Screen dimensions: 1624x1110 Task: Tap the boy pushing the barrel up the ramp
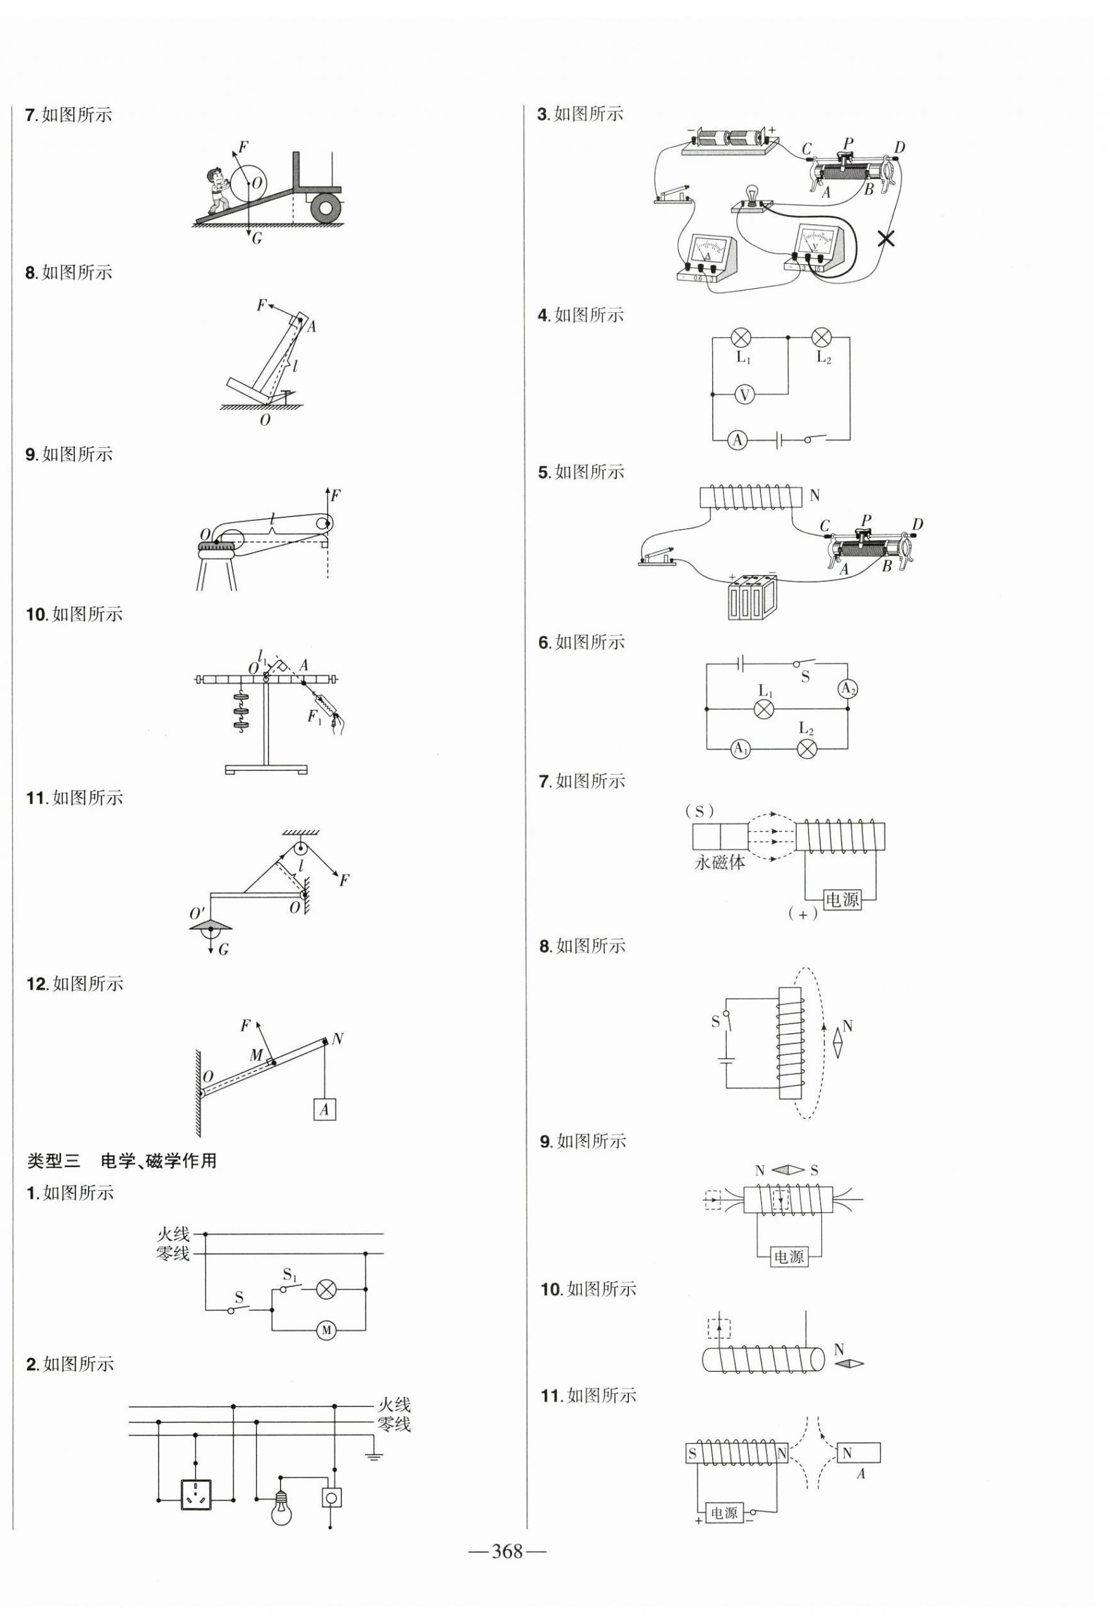pyautogui.click(x=219, y=191)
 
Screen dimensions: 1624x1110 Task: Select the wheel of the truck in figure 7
pyautogui.click(x=326, y=208)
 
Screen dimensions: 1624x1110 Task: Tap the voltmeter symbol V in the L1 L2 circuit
pyautogui.click(x=744, y=395)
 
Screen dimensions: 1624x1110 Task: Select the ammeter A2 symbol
pyautogui.click(x=847, y=690)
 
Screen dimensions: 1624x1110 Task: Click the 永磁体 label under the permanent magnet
pyautogui.click(x=720, y=862)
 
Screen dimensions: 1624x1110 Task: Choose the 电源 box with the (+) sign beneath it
pyautogui.click(x=842, y=899)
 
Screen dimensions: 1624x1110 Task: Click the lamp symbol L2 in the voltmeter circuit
pyautogui.click(x=821, y=338)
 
